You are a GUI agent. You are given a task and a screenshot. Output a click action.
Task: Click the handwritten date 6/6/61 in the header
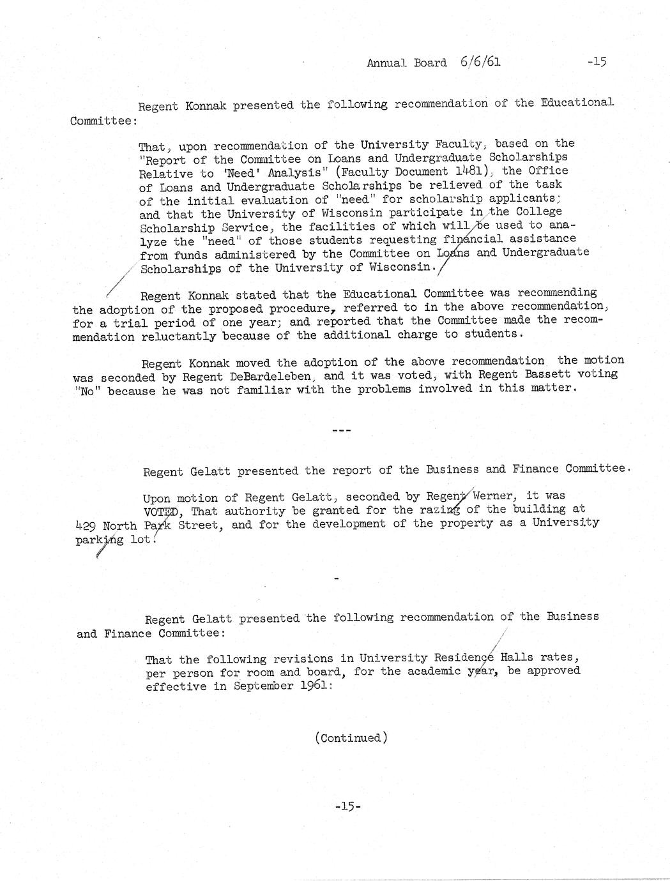point(479,62)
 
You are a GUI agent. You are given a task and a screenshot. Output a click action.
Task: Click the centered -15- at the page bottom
point(348,806)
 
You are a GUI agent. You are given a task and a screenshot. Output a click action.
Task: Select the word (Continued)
point(351,738)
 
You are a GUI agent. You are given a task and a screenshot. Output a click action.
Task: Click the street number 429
point(86,527)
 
